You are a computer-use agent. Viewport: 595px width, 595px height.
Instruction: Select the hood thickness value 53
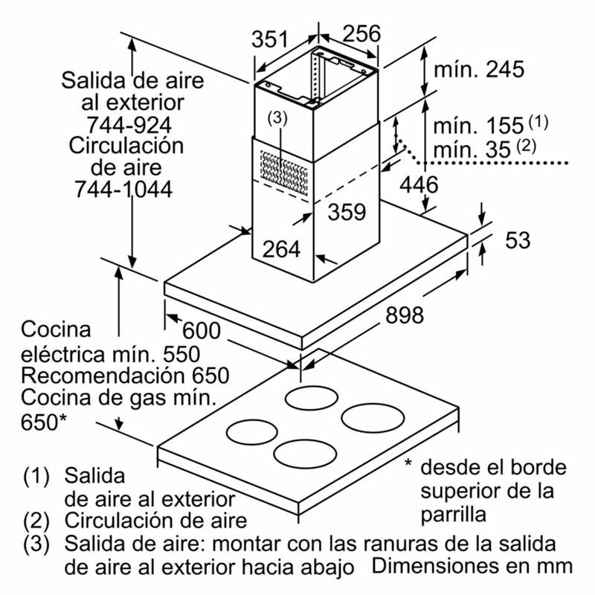point(518,240)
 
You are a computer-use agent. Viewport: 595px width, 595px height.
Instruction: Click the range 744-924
point(122,123)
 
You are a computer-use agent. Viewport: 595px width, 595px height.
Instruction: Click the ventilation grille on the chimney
point(283,170)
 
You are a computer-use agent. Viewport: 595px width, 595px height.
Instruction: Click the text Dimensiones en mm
point(473,565)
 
